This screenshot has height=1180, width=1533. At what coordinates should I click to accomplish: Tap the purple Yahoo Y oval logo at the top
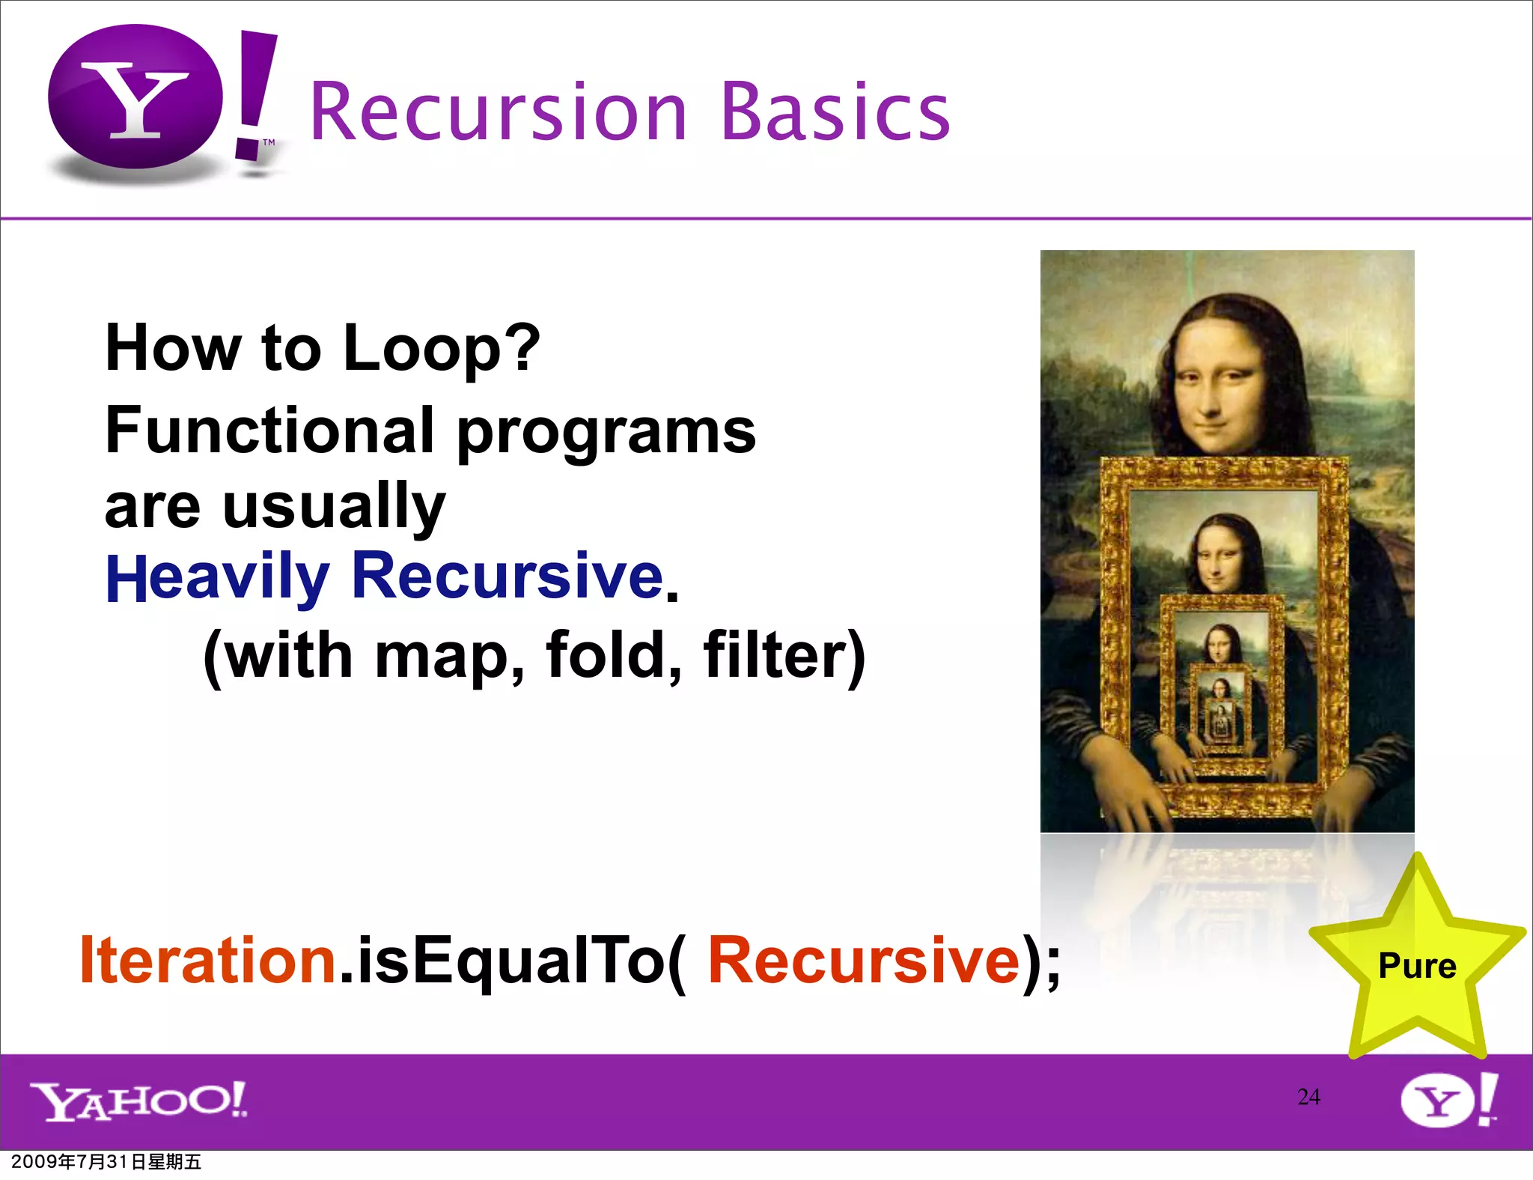(x=135, y=97)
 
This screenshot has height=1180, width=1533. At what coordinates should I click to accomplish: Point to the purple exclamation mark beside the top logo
(x=255, y=94)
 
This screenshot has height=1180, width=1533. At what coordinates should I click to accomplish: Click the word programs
(x=606, y=434)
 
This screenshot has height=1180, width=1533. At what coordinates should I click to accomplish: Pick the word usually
(x=335, y=507)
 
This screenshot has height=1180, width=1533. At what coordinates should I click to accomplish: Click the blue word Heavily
(x=217, y=578)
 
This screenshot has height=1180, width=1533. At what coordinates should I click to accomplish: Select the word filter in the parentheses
(x=784, y=655)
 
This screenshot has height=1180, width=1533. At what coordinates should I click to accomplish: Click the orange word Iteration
(x=207, y=961)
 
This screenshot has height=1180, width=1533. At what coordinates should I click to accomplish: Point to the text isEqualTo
(x=513, y=961)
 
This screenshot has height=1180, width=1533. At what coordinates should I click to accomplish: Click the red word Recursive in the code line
(x=864, y=961)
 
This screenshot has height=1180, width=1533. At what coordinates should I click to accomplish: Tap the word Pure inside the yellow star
(x=1417, y=966)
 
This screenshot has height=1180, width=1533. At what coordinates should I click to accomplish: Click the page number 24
(x=1308, y=1097)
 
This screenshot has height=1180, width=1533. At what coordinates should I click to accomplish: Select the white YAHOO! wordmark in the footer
(x=138, y=1101)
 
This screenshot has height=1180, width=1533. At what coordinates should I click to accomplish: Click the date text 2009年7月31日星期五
(x=106, y=1162)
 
